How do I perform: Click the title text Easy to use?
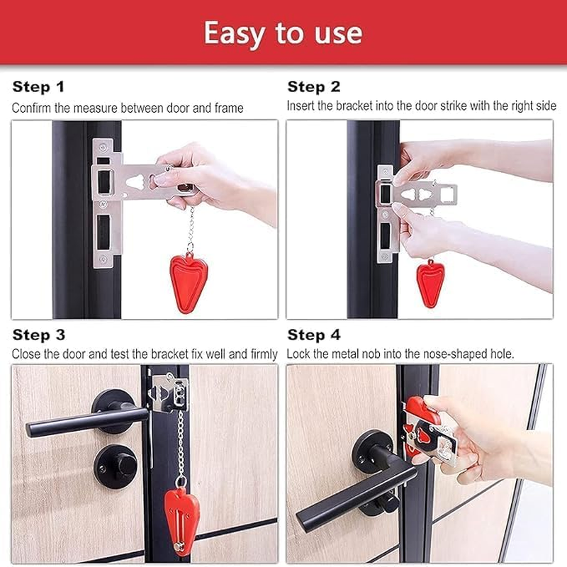(283, 33)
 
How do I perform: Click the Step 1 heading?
(38, 87)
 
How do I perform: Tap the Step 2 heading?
(314, 87)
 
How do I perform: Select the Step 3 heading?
(40, 335)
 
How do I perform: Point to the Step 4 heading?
(315, 335)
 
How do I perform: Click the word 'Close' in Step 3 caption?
(25, 353)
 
